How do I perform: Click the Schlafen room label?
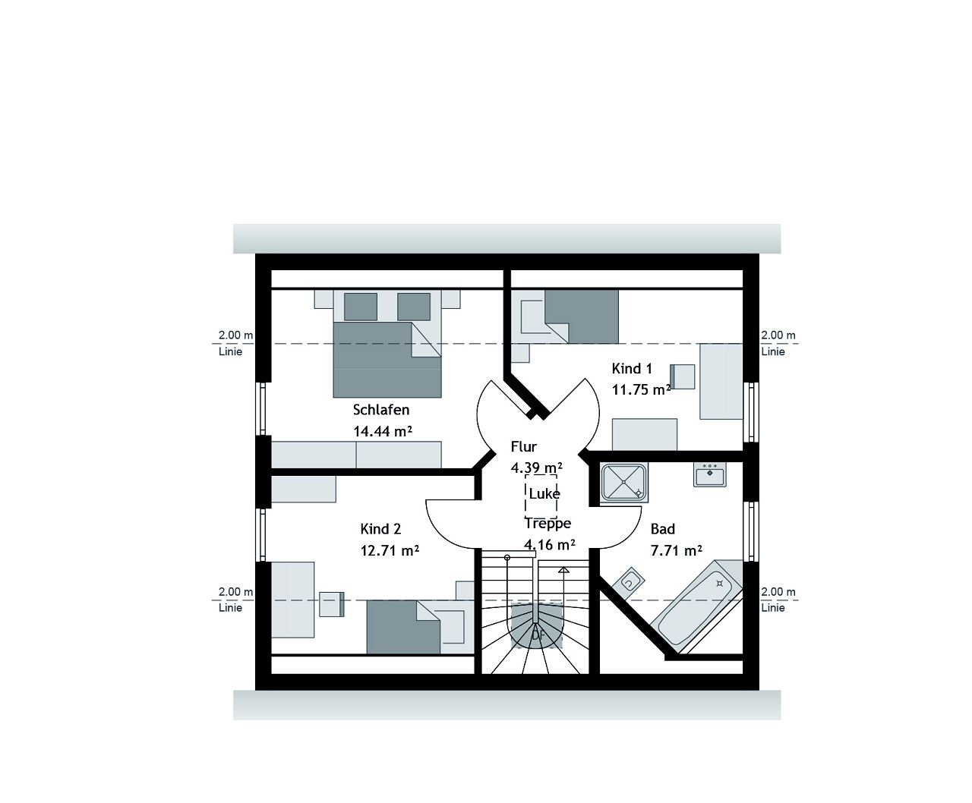click(x=381, y=410)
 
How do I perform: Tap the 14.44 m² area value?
click(x=382, y=431)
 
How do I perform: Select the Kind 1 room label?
click(x=632, y=369)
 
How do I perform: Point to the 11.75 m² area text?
click(x=641, y=390)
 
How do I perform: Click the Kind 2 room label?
click(x=380, y=529)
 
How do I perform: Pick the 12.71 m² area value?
click(x=390, y=550)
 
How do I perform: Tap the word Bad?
click(x=662, y=529)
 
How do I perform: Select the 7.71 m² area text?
click(x=676, y=550)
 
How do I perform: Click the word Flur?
click(x=524, y=447)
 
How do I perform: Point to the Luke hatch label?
click(x=544, y=494)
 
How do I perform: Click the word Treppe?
click(x=548, y=523)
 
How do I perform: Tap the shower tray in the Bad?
click(x=624, y=483)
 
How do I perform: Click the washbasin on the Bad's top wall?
click(x=709, y=474)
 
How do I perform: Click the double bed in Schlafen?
click(x=387, y=357)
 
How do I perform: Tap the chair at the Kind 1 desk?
click(x=682, y=376)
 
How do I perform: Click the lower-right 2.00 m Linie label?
click(x=778, y=600)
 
